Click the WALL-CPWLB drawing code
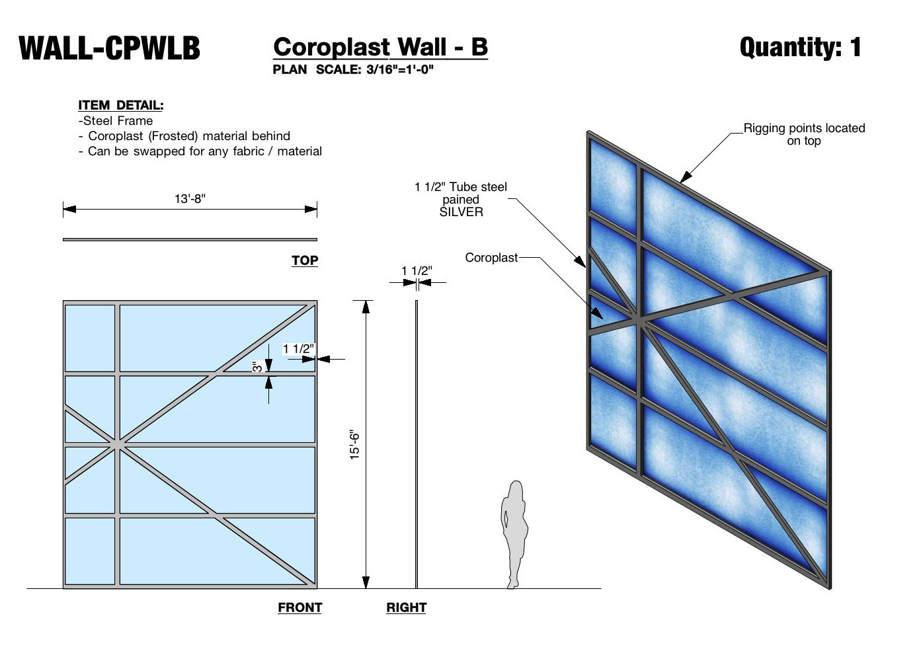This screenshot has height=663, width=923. (110, 48)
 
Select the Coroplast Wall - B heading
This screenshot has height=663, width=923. (380, 47)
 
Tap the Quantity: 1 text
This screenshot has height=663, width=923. (800, 47)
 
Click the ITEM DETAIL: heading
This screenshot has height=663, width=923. (120, 105)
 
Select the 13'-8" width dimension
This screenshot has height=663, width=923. (190, 199)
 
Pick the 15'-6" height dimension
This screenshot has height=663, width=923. (355, 444)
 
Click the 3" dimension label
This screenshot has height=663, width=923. (257, 366)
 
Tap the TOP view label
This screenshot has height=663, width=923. (305, 260)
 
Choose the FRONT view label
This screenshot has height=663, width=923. (300, 607)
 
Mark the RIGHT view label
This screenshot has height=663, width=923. (406, 607)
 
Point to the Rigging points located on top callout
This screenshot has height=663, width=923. (804, 134)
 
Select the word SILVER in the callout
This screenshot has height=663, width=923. (461, 212)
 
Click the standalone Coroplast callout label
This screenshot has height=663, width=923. (491, 258)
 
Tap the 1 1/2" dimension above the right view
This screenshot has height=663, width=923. (417, 271)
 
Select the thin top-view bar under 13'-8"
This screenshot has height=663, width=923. (190, 239)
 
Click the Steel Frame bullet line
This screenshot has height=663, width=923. (116, 121)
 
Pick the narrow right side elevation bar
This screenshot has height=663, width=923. (417, 444)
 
